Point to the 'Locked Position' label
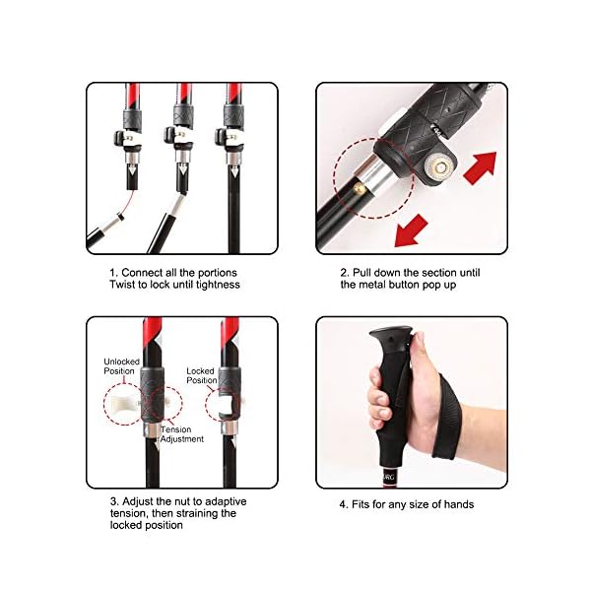point(201,376)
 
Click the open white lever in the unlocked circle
point(127,401)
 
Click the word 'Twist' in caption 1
point(122,284)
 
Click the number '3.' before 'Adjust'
point(114,500)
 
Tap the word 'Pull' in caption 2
point(361,272)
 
